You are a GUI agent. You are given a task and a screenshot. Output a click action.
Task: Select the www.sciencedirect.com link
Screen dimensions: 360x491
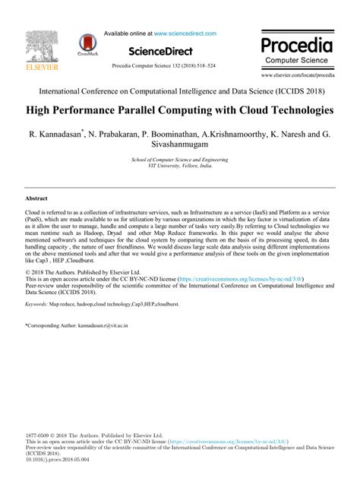(x=185, y=33)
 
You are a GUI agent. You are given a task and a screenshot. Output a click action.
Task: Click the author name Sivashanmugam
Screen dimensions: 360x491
(x=180, y=141)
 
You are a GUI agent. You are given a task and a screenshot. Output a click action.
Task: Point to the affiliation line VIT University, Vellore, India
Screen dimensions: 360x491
(x=180, y=165)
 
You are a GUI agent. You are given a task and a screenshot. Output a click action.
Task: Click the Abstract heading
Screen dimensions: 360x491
(x=36, y=197)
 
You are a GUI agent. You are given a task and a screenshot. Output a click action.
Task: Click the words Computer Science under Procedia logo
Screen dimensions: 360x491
(x=296, y=59)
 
